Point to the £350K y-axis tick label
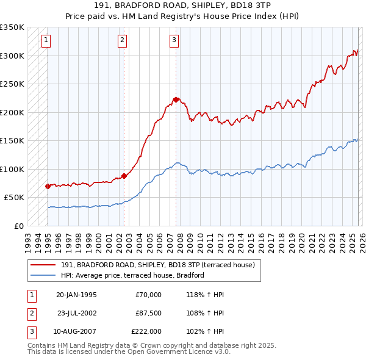point(12,27)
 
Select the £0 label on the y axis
point(19,226)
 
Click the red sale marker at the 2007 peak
point(176,99)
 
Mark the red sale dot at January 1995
point(48,185)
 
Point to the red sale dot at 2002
point(124,176)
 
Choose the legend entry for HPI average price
point(132,275)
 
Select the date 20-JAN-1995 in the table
point(76,295)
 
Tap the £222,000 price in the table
point(146,331)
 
